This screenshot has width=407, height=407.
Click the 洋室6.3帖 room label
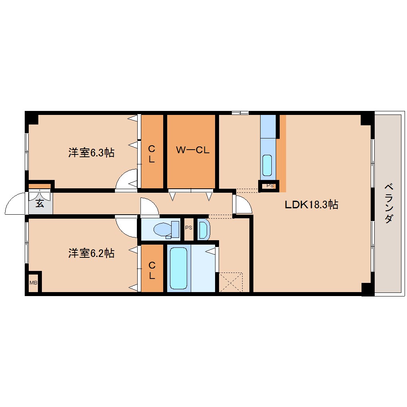[x=91, y=152]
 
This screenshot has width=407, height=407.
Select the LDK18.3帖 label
[x=311, y=205]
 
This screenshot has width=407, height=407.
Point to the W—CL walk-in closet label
[x=193, y=150]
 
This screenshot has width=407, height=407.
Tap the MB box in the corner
[x=33, y=283]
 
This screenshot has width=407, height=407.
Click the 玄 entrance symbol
[x=40, y=203]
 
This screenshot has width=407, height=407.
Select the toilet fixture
[x=166, y=230]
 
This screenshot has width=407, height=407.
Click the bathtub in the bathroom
[x=178, y=268]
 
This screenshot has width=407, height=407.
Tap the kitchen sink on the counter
[x=267, y=165]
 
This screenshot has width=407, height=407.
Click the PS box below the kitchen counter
[x=270, y=186]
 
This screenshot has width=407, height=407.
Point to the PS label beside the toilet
[x=188, y=228]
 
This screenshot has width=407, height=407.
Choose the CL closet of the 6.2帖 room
[x=152, y=270]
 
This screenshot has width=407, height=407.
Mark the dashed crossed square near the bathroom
[x=231, y=282]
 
